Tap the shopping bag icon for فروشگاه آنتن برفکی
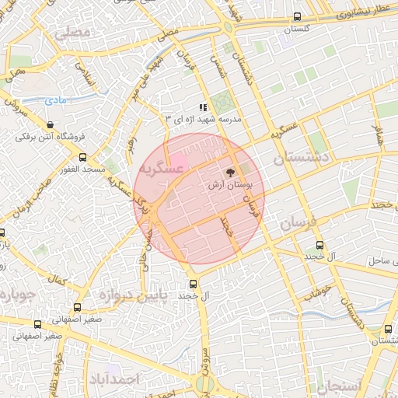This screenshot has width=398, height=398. point(51,124)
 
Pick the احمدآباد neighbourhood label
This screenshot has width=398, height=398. point(113,379)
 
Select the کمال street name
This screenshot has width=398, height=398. point(56,278)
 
